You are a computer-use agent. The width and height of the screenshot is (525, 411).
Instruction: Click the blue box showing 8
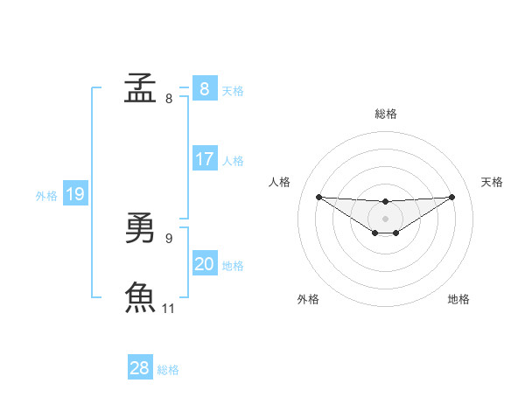coord(205,88)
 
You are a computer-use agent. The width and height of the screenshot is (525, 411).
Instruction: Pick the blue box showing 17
coord(205,159)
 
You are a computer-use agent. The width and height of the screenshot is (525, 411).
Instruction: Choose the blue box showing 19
coord(74,194)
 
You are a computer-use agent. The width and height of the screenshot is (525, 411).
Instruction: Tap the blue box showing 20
coord(205,264)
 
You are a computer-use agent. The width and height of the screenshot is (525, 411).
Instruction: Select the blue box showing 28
coord(140,368)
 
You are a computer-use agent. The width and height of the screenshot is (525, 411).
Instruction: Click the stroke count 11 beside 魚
coord(169,308)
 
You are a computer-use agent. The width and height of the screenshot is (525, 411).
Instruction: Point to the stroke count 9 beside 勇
coord(169,238)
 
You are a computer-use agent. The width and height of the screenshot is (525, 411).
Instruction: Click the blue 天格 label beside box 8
coord(233,90)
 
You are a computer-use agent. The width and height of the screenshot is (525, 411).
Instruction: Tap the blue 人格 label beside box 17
coord(233,161)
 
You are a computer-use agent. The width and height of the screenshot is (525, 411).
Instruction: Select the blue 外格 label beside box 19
coord(46,196)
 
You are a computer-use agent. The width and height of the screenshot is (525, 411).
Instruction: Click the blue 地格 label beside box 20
coord(233,266)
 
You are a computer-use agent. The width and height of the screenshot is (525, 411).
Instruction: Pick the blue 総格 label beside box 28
coord(168,370)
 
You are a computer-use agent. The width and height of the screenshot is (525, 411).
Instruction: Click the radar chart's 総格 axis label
coord(386,114)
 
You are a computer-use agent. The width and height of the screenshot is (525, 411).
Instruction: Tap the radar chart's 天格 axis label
coord(493,182)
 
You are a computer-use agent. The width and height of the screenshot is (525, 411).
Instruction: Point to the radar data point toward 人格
coord(318,197)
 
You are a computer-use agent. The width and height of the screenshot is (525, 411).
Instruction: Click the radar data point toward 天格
coord(452,197)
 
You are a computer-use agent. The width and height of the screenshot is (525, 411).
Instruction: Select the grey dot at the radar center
coord(386,219)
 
